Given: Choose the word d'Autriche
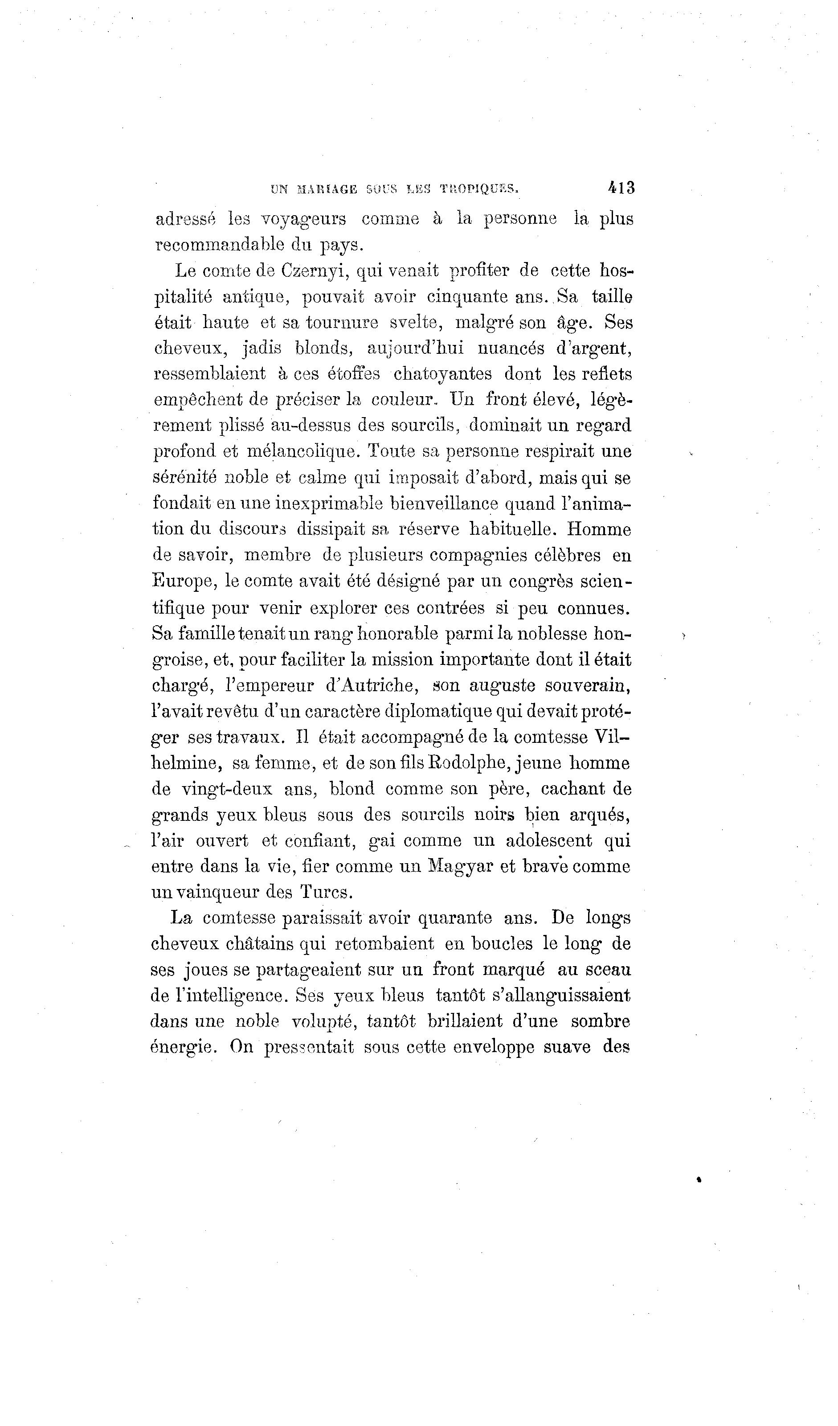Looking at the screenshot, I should tap(371, 685).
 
